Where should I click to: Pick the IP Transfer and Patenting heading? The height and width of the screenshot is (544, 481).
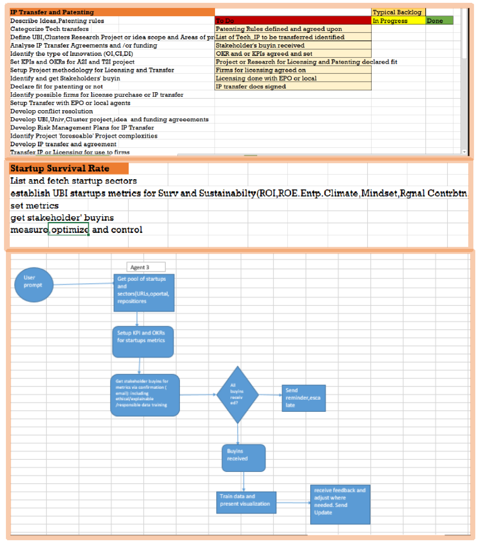[112, 12]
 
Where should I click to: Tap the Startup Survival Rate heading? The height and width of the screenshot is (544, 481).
[69, 168]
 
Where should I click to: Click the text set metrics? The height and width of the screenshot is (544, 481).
[35, 206]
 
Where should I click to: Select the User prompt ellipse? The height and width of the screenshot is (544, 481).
[34, 285]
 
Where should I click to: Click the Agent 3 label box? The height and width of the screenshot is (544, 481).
[146, 267]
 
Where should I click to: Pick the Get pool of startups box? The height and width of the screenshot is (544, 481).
[144, 293]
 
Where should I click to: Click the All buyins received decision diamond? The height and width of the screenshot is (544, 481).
[237, 394]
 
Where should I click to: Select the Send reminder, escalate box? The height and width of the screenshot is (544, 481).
[303, 398]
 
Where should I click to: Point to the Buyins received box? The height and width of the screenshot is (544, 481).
[243, 458]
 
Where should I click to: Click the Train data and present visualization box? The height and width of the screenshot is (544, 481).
[246, 502]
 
